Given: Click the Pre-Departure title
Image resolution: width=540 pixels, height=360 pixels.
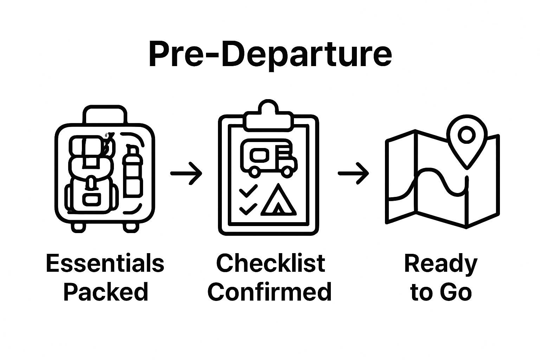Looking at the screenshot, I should click(270, 54).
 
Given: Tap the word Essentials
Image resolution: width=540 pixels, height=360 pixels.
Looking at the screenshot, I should click(105, 263).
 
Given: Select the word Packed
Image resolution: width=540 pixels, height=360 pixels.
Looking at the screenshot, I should click(106, 292).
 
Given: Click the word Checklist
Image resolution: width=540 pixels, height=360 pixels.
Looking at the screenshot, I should click(270, 263).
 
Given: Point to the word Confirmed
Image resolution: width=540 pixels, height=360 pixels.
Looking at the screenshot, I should click(270, 292).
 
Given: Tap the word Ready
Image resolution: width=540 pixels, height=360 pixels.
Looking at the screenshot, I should click(441, 264).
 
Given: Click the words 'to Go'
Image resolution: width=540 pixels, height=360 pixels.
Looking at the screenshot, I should click(441, 292).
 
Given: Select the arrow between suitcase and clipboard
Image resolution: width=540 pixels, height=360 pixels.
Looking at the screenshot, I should click(186, 173).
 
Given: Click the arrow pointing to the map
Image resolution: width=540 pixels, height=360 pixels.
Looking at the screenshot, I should click(353, 173).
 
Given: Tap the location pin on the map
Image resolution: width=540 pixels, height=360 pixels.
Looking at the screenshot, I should click(467, 141).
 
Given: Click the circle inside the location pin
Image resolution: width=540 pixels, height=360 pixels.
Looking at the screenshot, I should click(467, 135).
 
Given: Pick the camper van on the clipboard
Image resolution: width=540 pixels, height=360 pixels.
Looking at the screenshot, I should click(269, 157).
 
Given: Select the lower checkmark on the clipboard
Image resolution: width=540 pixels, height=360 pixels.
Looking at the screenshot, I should click(248, 209).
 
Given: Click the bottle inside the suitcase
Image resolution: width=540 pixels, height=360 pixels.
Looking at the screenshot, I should click(133, 173).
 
